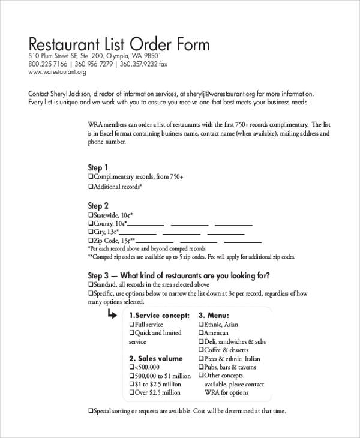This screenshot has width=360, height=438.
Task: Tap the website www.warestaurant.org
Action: (x=58, y=73)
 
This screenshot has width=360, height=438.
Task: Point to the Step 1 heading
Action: (x=98, y=168)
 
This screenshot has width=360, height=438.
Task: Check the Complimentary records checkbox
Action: (x=91, y=178)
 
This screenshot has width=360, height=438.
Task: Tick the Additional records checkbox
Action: (x=91, y=187)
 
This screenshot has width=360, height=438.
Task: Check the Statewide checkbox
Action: (x=91, y=215)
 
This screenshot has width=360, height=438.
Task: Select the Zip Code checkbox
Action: (x=91, y=240)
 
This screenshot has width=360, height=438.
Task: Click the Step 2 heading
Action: (x=98, y=205)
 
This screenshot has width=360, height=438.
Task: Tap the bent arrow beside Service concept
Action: (x=113, y=315)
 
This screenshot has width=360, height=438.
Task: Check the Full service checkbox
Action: (x=131, y=325)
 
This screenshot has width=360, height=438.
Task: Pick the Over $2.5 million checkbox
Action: (x=131, y=393)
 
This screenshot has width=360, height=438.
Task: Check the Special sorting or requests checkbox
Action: (x=91, y=412)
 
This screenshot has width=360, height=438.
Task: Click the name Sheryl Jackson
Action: (x=68, y=94)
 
